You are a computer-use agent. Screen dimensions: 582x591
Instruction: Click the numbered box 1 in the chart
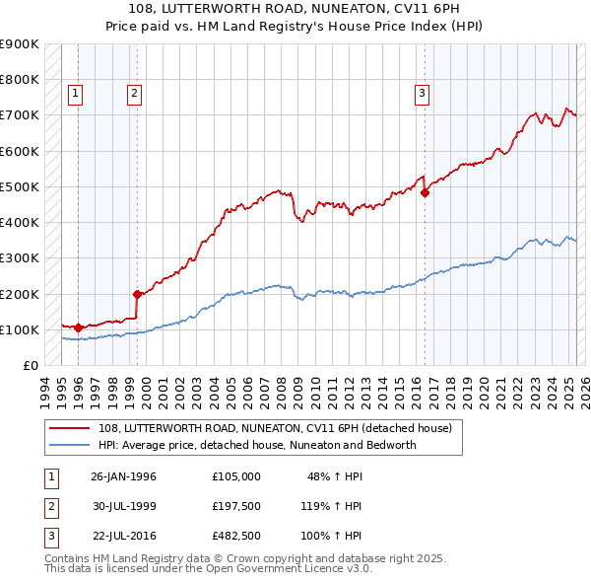[76, 95]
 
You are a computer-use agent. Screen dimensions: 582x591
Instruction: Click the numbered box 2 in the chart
[135, 95]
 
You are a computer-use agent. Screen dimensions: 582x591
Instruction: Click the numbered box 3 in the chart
[422, 95]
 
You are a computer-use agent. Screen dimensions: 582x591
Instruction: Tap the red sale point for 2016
[426, 193]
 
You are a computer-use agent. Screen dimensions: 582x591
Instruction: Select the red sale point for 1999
[137, 294]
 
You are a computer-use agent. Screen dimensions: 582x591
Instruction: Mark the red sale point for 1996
[78, 327]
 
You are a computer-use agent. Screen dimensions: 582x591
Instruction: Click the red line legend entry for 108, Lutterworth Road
[275, 428]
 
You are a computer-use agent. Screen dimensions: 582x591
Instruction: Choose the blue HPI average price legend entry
[257, 445]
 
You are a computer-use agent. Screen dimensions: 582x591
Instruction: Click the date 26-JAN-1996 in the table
[123, 476]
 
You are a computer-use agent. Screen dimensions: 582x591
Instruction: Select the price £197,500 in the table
[235, 506]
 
